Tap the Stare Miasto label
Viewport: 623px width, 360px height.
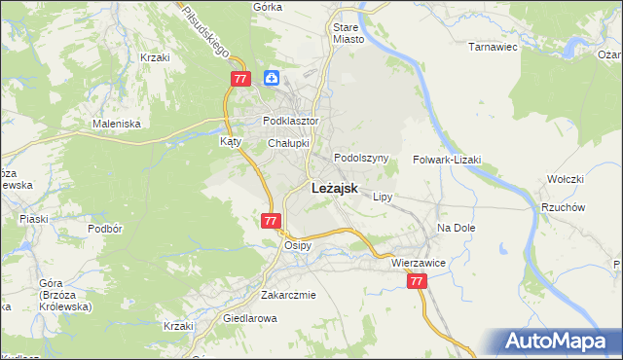tap(348, 34)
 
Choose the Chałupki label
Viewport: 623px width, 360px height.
tap(288, 143)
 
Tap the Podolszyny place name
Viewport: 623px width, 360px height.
tap(361, 158)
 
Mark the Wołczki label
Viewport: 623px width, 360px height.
tap(564, 179)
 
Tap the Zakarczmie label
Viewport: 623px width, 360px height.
tap(288, 295)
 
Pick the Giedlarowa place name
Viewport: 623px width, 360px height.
tap(252, 318)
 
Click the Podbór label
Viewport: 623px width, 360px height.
tap(103, 228)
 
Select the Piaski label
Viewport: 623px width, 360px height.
tap(34, 218)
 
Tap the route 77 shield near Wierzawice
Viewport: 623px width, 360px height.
tap(417, 281)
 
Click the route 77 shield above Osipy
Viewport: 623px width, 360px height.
tap(272, 221)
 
